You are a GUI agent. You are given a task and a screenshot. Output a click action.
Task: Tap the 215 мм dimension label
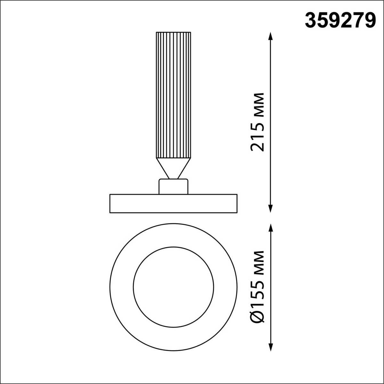click(258, 122)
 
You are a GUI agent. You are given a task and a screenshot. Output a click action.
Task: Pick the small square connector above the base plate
click(173, 187)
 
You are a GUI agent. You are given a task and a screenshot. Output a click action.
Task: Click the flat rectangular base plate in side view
click(173, 203)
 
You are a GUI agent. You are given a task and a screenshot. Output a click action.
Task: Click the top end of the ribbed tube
click(173, 33)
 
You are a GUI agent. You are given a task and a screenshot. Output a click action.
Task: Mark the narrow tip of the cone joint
click(173, 178)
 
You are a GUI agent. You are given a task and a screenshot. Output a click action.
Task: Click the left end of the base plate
click(111, 203)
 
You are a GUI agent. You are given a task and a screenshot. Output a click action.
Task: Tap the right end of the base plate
click(236, 203)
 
